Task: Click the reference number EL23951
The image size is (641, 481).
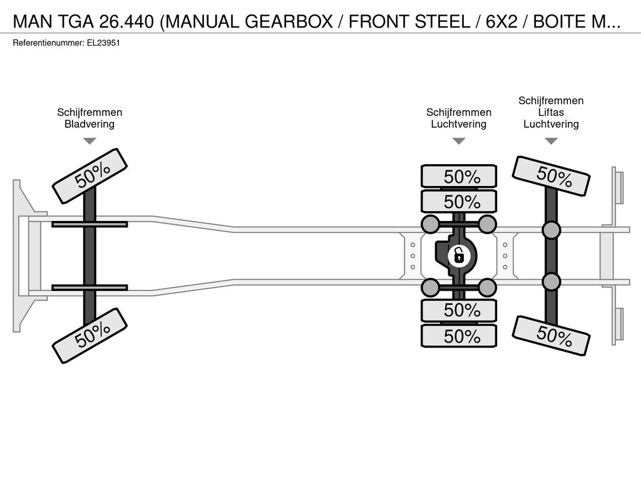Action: tap(103, 43)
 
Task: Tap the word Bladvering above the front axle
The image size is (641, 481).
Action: tap(90, 124)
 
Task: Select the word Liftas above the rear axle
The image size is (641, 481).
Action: tap(551, 112)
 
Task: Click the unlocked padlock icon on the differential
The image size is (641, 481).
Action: tap(459, 256)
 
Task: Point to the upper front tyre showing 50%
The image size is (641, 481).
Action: tap(90, 176)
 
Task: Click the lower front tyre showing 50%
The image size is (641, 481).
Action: tap(90, 336)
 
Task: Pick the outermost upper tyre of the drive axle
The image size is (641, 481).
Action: tap(459, 177)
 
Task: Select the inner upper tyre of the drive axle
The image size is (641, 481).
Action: tap(459, 202)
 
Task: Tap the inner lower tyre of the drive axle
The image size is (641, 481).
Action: tap(459, 311)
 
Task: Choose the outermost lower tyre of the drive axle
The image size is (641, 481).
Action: tap(459, 336)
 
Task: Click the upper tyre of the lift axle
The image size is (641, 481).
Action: tap(551, 176)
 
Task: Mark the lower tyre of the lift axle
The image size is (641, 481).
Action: tap(551, 336)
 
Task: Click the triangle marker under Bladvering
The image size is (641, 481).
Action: tap(90, 141)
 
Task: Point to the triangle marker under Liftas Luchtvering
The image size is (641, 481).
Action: tap(551, 141)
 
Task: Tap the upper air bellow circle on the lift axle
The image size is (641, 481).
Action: tap(551, 230)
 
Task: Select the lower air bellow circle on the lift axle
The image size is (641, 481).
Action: tap(551, 282)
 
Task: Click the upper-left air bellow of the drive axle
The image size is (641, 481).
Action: tap(430, 224)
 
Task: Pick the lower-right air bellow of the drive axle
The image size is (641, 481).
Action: tap(487, 287)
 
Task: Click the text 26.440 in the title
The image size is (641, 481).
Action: tap(126, 22)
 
